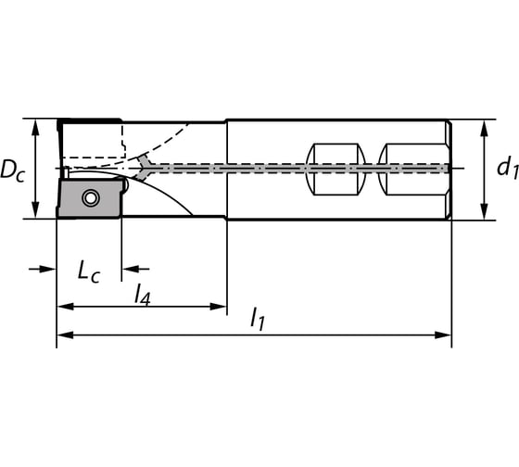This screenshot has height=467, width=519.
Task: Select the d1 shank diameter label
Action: point(505,168)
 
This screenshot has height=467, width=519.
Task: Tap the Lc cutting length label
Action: point(88,271)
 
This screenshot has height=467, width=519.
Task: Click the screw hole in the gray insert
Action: point(90,197)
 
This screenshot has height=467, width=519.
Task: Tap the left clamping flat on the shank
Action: point(335,169)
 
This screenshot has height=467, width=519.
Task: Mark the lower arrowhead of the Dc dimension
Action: point(35,212)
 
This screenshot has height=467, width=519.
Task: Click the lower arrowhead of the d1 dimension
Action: point(483,213)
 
